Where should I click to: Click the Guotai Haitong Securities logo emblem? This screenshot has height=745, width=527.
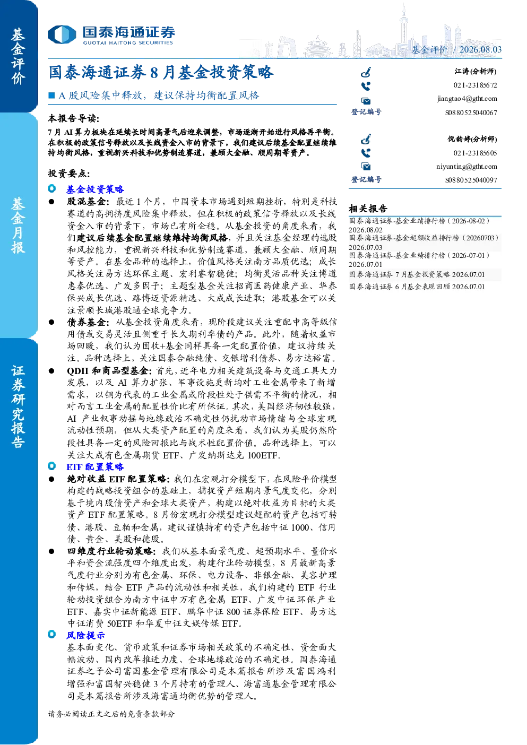tap(62, 34)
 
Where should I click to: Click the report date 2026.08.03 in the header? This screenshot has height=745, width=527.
tap(480, 49)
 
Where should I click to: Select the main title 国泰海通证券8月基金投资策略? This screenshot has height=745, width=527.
tap(161, 72)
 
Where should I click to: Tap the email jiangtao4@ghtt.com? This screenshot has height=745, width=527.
tap(467, 99)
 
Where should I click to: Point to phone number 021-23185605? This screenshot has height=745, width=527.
tap(475, 153)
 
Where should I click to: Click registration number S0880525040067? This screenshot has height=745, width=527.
tap(471, 112)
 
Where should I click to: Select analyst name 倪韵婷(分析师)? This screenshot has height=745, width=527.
tap(472, 139)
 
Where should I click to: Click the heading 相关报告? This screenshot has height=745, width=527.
tap(368, 209)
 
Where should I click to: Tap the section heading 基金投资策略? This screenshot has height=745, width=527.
tap(95, 189)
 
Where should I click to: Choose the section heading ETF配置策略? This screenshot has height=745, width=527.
tap(95, 466)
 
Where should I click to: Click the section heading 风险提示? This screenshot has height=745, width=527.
tap(85, 635)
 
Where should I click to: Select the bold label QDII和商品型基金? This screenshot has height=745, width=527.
tap(109, 370)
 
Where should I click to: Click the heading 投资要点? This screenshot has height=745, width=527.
tap(69, 174)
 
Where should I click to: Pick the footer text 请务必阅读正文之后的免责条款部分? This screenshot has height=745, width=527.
tap(111, 714)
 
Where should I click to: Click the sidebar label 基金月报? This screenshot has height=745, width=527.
tap(18, 225)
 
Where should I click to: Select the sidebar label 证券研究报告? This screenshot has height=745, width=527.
tap(18, 406)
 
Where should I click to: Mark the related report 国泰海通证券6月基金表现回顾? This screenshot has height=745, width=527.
tap(417, 287)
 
